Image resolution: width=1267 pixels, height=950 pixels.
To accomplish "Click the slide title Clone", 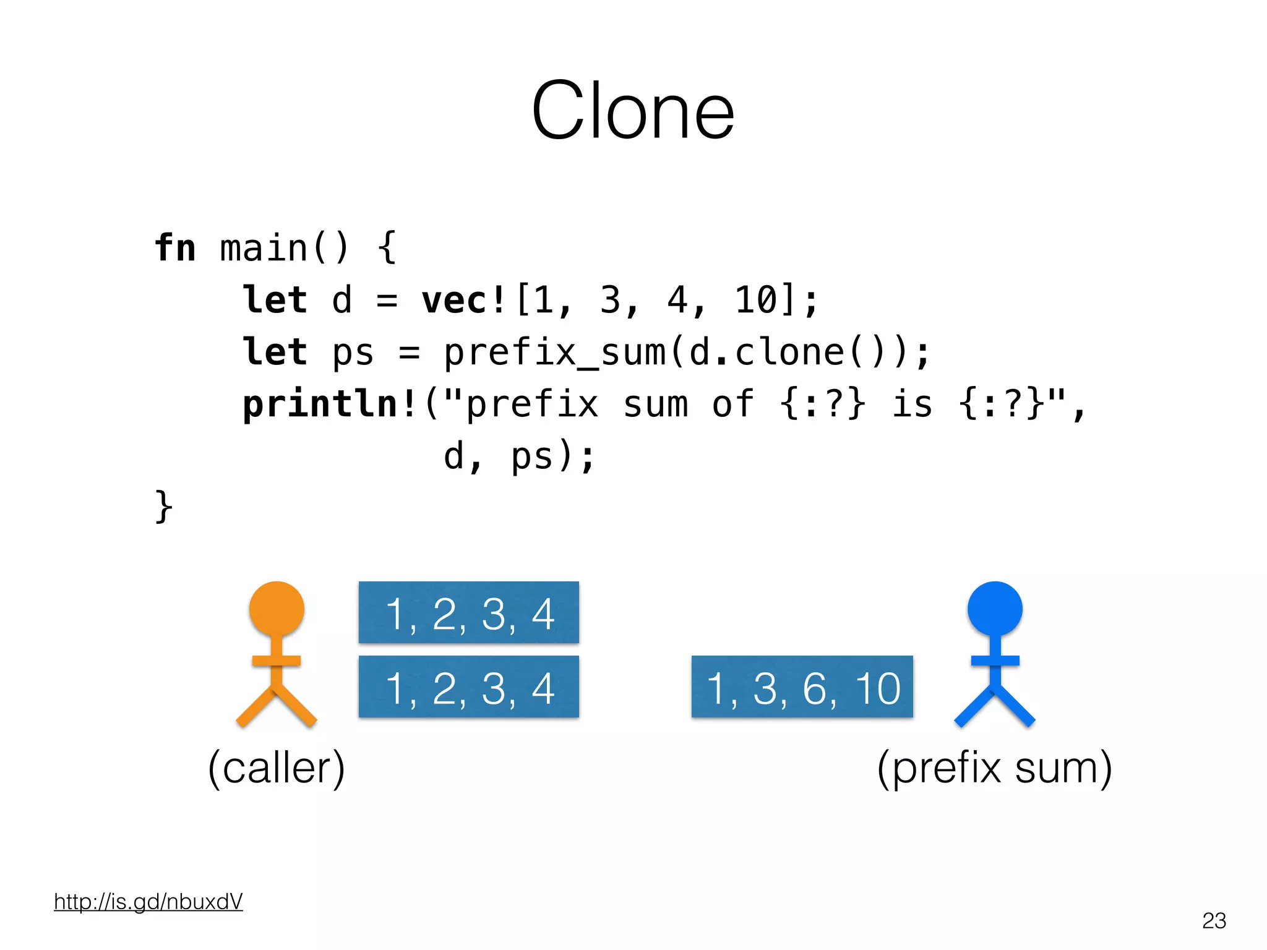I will click(x=633, y=111).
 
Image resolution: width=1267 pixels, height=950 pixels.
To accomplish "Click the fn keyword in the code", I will click(x=175, y=249).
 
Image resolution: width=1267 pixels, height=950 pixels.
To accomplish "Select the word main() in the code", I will click(x=285, y=249).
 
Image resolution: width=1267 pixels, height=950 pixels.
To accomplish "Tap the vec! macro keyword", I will click(x=464, y=301).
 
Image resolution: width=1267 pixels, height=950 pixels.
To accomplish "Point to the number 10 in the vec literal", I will click(x=755, y=301).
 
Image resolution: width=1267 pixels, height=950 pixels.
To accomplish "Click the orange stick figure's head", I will click(x=277, y=609).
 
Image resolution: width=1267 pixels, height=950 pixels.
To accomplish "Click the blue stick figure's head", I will click(x=995, y=609).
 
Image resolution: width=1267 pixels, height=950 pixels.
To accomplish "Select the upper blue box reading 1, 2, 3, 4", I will click(x=469, y=613).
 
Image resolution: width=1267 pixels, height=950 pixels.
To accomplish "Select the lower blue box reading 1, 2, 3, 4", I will click(x=469, y=687).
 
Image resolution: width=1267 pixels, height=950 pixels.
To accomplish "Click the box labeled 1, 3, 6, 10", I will click(x=802, y=687).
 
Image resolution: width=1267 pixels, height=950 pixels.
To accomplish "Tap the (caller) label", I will click(x=277, y=768).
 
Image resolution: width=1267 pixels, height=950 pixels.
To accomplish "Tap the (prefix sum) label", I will click(x=995, y=768).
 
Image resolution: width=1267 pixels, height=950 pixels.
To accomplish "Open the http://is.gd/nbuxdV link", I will click(x=148, y=902).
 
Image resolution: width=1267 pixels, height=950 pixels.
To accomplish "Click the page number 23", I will click(x=1214, y=920).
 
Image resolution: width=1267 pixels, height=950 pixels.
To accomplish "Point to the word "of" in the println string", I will click(x=733, y=405).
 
